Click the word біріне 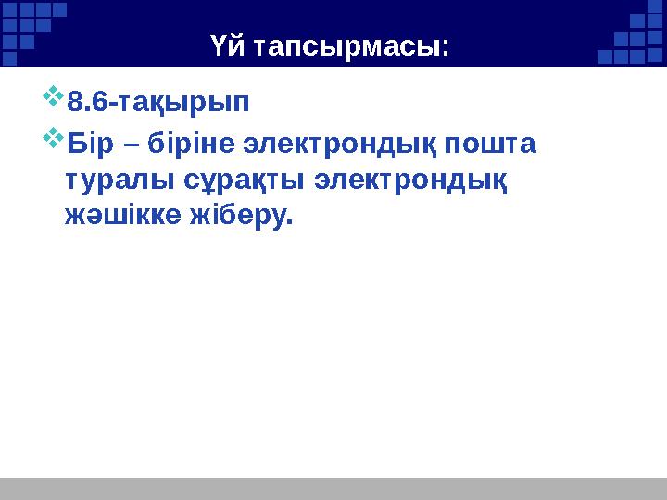[x=189, y=146]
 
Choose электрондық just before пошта [x=340, y=146]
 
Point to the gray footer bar [x=333, y=488]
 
